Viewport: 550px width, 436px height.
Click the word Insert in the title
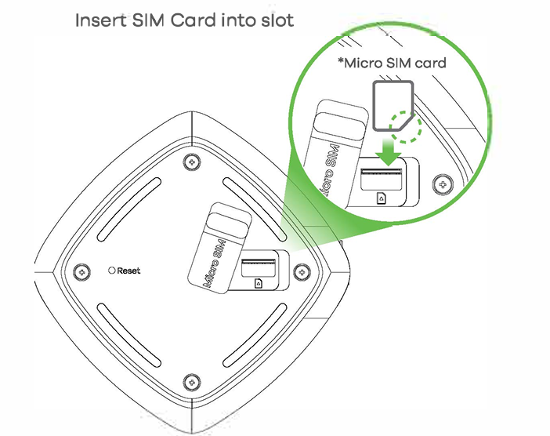coord(98,20)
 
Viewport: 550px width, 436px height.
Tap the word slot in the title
coord(273,20)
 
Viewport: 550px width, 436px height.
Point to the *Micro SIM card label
coord(391,62)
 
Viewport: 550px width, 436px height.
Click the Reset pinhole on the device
coord(112,271)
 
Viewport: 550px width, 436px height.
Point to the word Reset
coord(129,271)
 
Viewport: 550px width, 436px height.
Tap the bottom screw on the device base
coord(190,383)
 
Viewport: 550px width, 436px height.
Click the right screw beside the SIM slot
coord(299,271)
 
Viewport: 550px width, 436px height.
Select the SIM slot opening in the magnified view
coord(382,173)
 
